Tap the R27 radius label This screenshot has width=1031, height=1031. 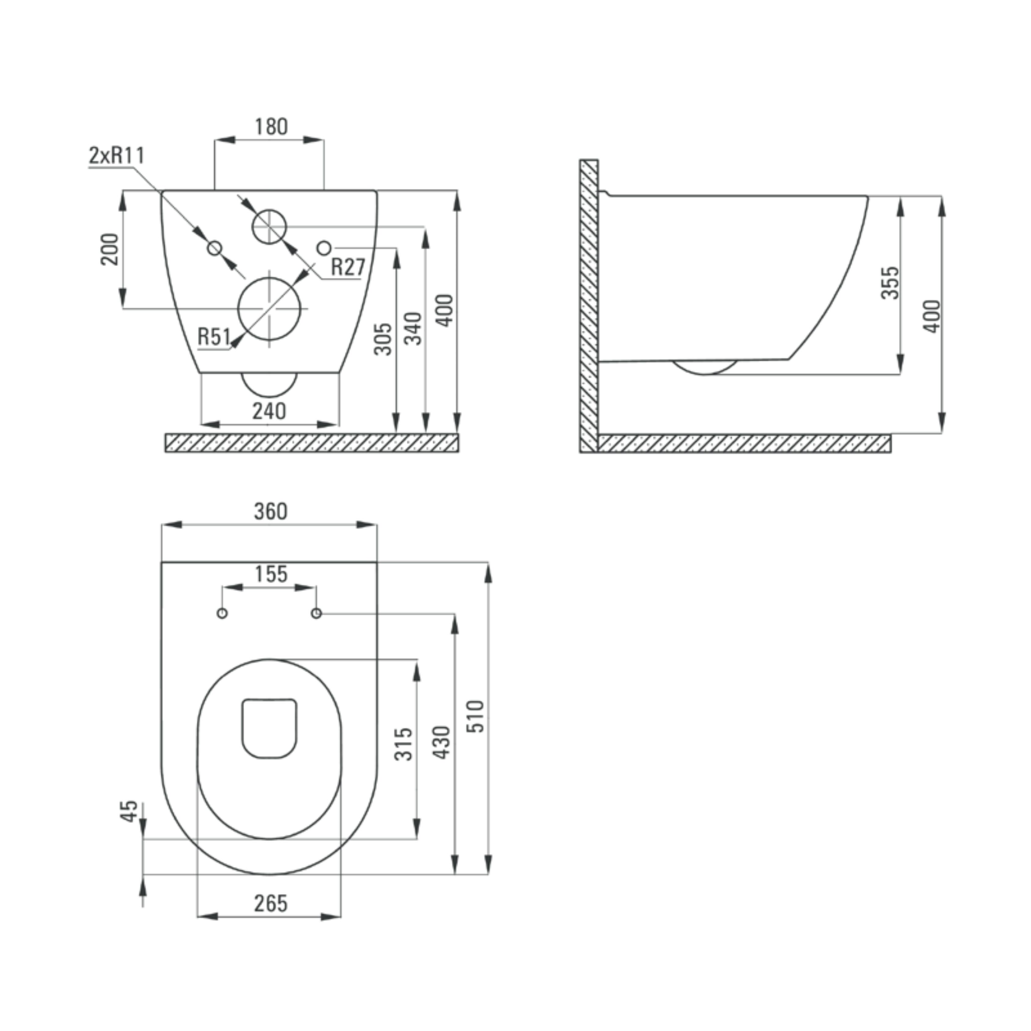[x=348, y=267]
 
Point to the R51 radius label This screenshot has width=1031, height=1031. [x=214, y=337]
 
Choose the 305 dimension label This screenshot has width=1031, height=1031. [x=383, y=338]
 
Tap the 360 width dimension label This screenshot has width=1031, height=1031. [x=271, y=511]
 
